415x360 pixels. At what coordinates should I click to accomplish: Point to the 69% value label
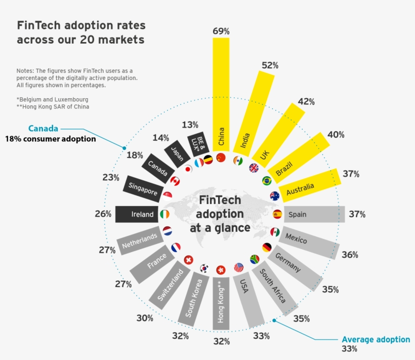tap(221, 31)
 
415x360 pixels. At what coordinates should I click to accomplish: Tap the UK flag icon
tap(254, 168)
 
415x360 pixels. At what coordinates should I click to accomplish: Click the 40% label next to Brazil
tap(336, 135)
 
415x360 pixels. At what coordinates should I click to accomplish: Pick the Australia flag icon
tap(275, 196)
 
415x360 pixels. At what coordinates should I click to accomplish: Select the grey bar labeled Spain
tap(314, 214)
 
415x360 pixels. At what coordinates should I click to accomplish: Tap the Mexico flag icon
tap(275, 232)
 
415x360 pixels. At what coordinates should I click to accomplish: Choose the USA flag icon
tap(239, 267)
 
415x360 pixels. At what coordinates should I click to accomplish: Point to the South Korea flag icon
tap(204, 267)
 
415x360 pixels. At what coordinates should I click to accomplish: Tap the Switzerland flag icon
tap(189, 260)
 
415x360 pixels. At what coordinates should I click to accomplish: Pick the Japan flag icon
tap(188, 169)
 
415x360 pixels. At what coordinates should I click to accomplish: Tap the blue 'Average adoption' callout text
tap(376, 339)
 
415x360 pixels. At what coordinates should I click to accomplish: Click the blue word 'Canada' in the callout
tap(43, 129)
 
